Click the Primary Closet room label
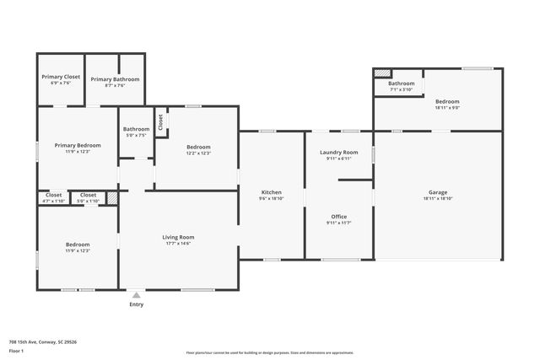[61, 77]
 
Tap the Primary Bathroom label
[116, 79]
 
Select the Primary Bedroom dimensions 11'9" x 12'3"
[73, 152]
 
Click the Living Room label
[179, 237]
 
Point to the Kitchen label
[271, 192]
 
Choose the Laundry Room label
[338, 152]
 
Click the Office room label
[338, 217]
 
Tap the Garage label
[438, 192]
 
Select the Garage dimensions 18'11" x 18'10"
[438, 198]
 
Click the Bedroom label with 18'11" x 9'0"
[447, 101]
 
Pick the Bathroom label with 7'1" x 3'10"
[401, 83]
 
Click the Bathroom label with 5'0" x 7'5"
[136, 129]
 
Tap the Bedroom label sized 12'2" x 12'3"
[198, 147]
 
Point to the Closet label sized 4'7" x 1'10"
[54, 195]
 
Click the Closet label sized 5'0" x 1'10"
[88, 195]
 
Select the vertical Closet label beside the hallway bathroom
[160, 122]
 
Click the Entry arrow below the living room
[136, 295]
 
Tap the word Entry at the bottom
[136, 304]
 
